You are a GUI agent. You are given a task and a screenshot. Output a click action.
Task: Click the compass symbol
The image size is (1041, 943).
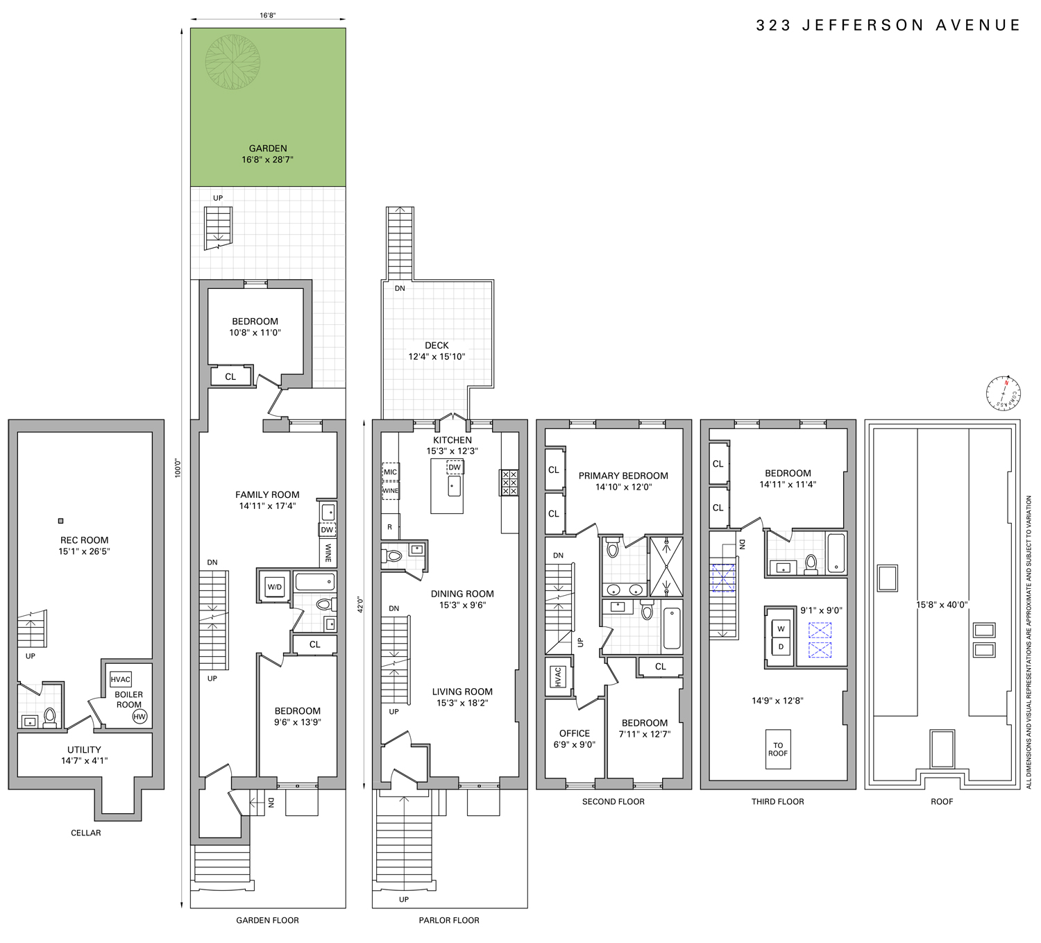(1004, 393)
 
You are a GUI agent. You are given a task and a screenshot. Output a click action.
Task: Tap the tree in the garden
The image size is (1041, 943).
(233, 62)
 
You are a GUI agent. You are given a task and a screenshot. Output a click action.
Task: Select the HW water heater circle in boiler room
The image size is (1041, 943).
(139, 717)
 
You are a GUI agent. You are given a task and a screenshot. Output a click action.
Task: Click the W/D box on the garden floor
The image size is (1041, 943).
(275, 587)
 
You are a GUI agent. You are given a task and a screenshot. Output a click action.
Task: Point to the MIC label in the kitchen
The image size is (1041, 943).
(391, 472)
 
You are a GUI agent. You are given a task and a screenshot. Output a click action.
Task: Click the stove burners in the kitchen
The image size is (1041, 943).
(509, 483)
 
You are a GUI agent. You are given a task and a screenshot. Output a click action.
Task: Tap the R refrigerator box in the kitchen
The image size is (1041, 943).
(389, 527)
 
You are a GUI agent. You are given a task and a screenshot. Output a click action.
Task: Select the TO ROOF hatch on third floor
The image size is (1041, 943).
(778, 749)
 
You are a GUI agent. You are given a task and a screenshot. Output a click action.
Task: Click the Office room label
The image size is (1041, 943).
(575, 733)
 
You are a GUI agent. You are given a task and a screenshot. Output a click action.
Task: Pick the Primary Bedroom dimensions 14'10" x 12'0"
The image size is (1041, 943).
(623, 487)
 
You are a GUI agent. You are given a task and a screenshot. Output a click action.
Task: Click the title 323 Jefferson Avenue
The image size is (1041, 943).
(888, 26)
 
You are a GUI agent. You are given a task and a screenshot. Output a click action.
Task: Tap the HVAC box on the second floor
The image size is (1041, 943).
(558, 677)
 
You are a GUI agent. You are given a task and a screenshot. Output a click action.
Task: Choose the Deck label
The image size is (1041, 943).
(437, 345)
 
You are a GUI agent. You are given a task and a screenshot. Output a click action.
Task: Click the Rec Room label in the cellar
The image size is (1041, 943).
(85, 540)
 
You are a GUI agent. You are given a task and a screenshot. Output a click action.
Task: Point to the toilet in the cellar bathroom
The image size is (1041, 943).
(50, 716)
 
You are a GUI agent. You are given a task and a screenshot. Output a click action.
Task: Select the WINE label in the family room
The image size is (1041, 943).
(328, 553)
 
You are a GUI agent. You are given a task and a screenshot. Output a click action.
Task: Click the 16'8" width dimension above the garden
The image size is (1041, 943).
(268, 15)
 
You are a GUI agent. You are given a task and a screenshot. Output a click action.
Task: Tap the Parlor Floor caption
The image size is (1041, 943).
(449, 920)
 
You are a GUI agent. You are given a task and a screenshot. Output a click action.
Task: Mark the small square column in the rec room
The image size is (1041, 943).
(61, 521)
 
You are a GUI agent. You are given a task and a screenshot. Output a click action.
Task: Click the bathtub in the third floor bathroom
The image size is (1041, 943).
(836, 553)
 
